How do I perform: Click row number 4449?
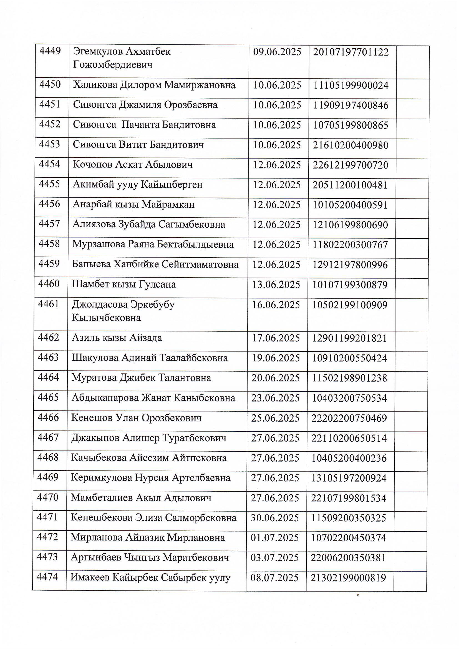coord(50,52)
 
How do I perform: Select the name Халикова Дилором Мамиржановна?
coord(154,85)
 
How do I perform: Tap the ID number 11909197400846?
coord(351,105)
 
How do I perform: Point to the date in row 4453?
coord(277,145)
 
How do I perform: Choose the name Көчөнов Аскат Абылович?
coord(133,165)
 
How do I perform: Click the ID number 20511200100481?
coord(350,185)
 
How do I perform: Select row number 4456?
coord(49,204)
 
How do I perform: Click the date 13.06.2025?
coord(276,285)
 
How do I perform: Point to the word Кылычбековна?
coord(106,318)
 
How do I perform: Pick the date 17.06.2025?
coord(276,338)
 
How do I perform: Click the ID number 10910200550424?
coord(349,358)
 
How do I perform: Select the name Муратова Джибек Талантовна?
coord(141,378)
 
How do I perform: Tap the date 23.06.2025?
coord(275,398)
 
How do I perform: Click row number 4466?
coord(48,418)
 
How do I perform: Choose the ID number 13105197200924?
coord(349,478)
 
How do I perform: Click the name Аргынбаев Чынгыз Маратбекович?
coord(150,558)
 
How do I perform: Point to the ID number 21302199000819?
coord(348,578)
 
